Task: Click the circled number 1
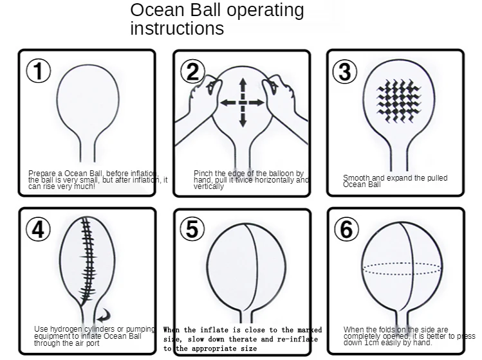(x=39, y=71)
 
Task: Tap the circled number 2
(x=192, y=71)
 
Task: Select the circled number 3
(x=344, y=71)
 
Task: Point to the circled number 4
(x=38, y=229)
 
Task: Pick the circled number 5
(x=192, y=229)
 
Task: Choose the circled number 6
(x=346, y=229)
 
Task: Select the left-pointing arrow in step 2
(x=229, y=103)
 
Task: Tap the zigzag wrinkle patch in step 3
(x=399, y=100)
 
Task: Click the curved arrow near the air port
(x=104, y=315)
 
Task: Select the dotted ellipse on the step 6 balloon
(x=402, y=269)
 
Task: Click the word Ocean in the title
(x=157, y=10)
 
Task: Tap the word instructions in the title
(x=177, y=28)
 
